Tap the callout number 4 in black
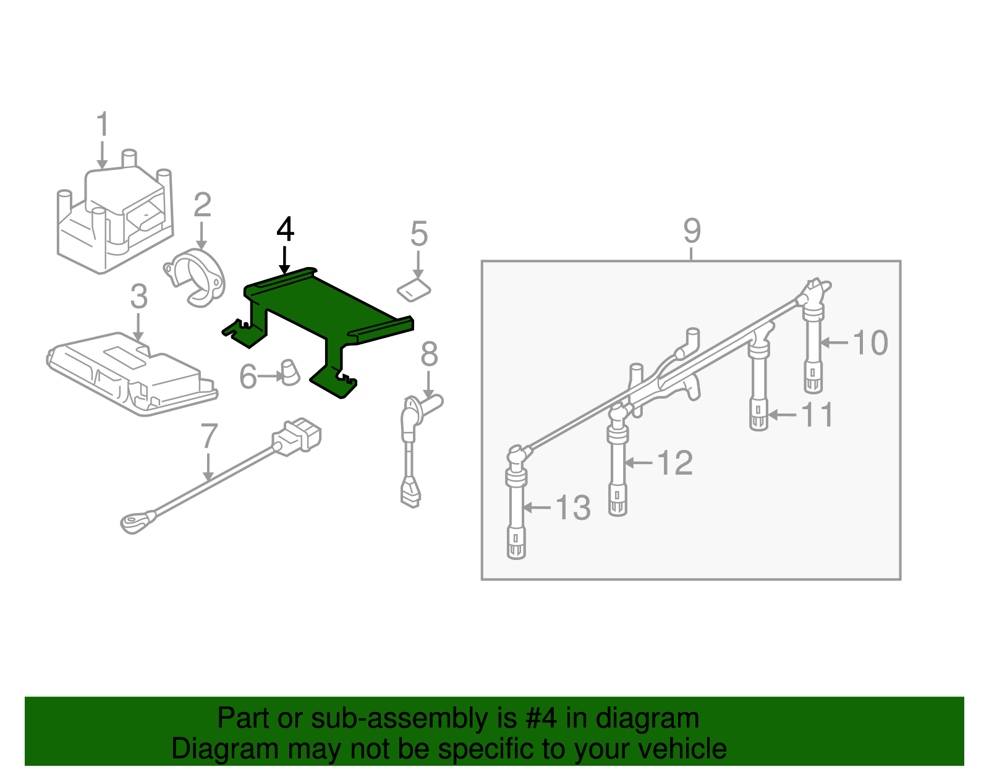tap(285, 229)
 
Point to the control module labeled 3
tap(133, 374)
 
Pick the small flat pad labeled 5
tap(414, 289)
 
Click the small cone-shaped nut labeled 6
tap(289, 373)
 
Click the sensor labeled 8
tap(414, 445)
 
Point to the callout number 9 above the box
tap(692, 231)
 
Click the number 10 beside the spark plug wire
tap(870, 342)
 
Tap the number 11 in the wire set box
tap(818, 415)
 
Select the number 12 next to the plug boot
tap(674, 462)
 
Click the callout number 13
tap(573, 508)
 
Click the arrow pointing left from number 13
tap(537, 508)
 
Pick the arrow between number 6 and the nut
tap(270, 376)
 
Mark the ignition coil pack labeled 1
tap(114, 216)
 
